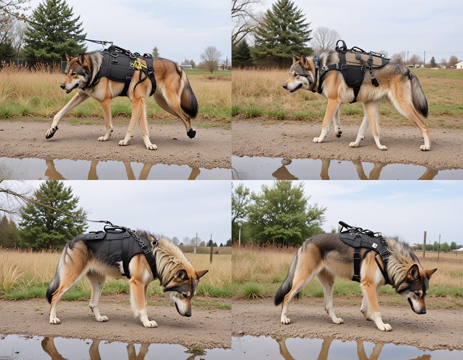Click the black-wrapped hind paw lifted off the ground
tap(191, 133)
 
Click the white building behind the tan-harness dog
tap(459, 65)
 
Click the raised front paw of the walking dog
tap(51, 132)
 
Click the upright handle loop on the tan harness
tap(342, 45)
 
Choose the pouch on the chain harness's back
tap(95, 235)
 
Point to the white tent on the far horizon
tap(458, 249)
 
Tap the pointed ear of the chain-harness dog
tap(201, 273)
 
